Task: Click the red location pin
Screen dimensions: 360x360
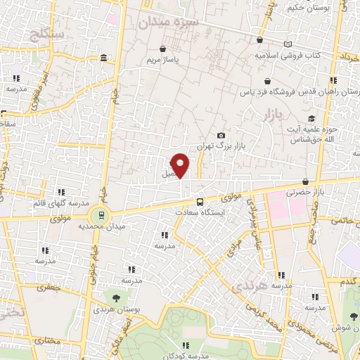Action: tap(181, 165)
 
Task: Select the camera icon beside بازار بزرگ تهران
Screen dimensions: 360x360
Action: tap(221, 136)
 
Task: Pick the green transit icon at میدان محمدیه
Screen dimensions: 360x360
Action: tap(101, 215)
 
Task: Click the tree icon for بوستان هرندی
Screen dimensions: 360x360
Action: tap(115, 298)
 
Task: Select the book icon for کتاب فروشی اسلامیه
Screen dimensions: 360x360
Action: tap(287, 44)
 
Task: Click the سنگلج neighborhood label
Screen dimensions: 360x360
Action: tap(48, 33)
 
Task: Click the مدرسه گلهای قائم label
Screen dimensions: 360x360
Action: tap(58, 203)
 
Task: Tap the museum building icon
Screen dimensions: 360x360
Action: tap(103, 58)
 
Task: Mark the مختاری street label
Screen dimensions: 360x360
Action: tap(49, 341)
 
